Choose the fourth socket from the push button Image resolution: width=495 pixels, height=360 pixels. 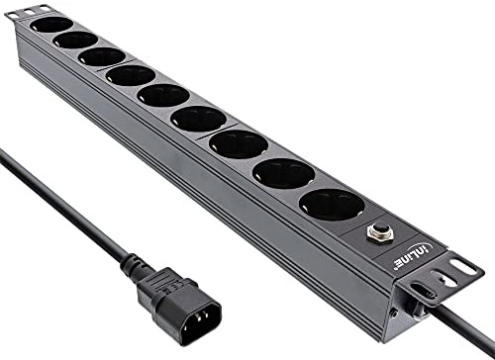click(x=197, y=119)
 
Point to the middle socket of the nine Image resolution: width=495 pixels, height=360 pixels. click(x=163, y=96)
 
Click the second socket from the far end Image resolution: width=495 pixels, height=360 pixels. click(x=75, y=40)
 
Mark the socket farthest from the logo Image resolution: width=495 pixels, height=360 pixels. click(x=51, y=24)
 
